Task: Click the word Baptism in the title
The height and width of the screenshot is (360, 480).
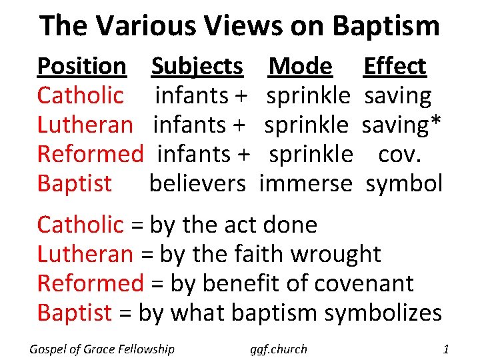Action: click(x=386, y=27)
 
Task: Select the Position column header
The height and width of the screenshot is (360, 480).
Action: click(x=81, y=67)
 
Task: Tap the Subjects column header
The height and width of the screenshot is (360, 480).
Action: click(x=197, y=67)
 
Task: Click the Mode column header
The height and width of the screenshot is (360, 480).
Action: click(x=300, y=67)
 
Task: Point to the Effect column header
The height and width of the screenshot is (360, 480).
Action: click(x=394, y=67)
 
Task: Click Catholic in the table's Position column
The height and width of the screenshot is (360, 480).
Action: click(x=80, y=96)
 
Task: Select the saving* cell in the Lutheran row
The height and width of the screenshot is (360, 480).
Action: click(x=403, y=125)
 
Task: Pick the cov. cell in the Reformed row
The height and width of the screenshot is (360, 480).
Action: click(x=400, y=154)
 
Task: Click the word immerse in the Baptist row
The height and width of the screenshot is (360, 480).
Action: click(x=305, y=183)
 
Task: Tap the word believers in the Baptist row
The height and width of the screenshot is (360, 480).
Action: click(x=197, y=183)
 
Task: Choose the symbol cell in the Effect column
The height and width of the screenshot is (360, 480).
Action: click(x=404, y=183)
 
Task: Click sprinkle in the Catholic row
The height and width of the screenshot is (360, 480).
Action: click(x=308, y=96)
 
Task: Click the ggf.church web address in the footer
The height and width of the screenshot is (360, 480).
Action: click(x=279, y=349)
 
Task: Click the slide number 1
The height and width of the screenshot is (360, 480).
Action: click(x=446, y=349)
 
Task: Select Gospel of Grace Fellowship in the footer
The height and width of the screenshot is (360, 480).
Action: click(x=102, y=349)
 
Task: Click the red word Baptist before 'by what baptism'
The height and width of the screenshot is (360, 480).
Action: click(x=74, y=313)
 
